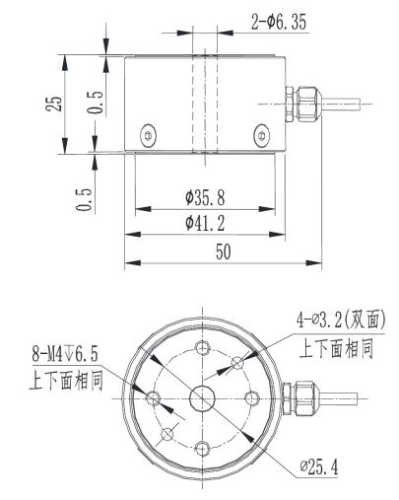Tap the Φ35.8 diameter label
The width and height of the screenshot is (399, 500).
click(x=203, y=197)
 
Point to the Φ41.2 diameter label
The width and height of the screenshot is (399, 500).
click(x=204, y=223)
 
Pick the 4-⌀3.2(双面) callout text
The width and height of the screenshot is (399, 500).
click(x=340, y=319)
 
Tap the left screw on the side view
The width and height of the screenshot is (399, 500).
click(x=147, y=135)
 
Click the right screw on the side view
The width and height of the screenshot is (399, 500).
click(x=260, y=135)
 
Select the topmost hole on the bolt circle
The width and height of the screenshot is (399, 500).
click(x=203, y=347)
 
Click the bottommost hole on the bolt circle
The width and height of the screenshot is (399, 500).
click(x=203, y=449)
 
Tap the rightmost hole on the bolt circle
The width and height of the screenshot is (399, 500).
click(x=253, y=398)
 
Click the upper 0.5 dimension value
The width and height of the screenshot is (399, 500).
click(x=94, y=103)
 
